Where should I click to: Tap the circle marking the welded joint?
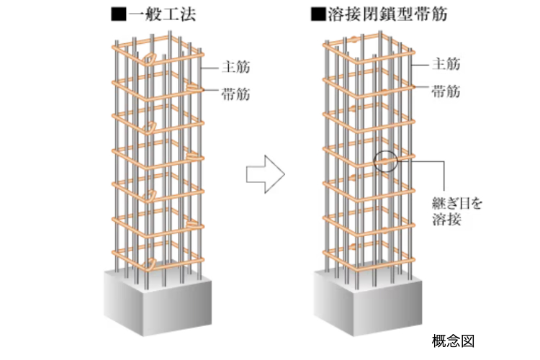pos(384,159)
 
